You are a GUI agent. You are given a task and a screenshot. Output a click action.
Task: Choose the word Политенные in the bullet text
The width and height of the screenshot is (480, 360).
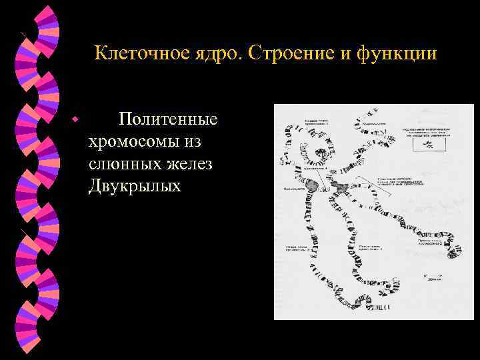167,120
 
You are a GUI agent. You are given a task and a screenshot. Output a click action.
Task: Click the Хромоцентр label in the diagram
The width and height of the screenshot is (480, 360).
295,191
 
